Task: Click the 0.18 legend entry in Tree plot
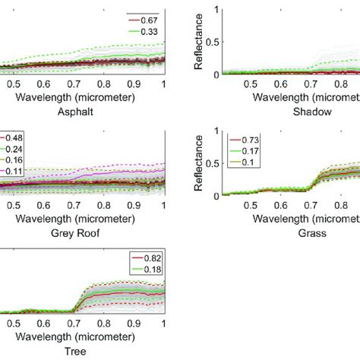coord(149,270)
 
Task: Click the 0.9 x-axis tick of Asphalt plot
coord(134,85)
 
